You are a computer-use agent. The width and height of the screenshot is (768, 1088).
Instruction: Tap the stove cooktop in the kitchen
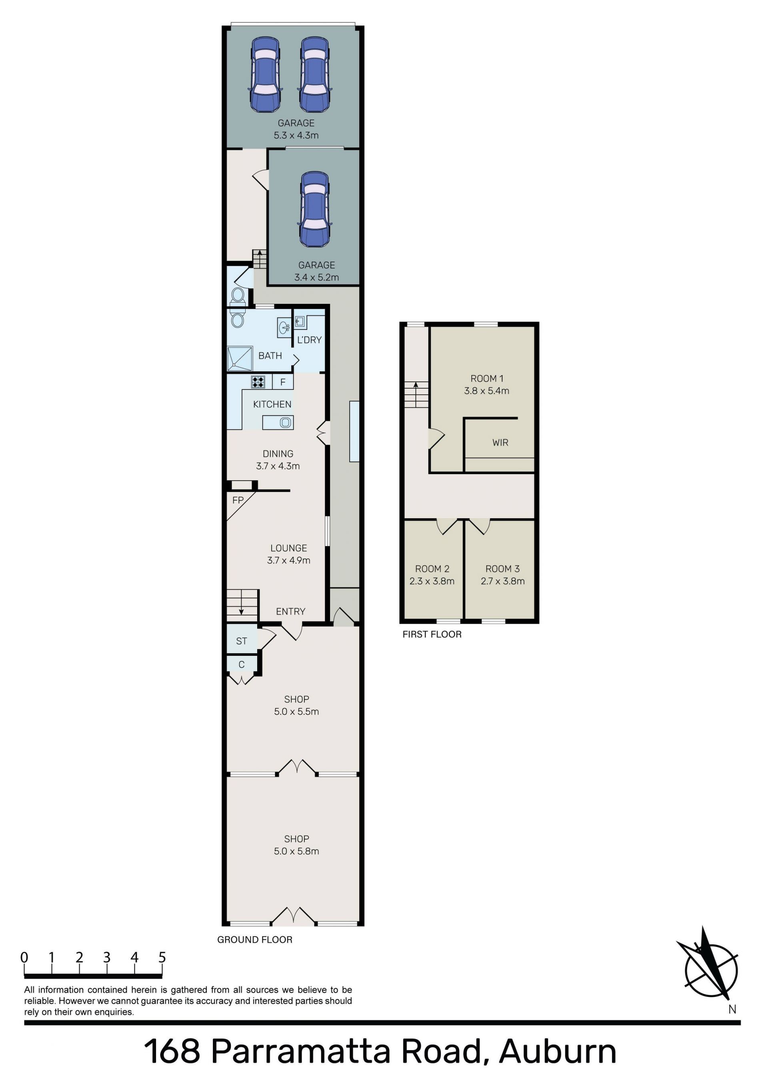[x=258, y=381]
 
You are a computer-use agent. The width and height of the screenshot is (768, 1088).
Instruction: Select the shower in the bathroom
[x=240, y=358]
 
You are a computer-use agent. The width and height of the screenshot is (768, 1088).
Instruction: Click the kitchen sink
[x=285, y=422]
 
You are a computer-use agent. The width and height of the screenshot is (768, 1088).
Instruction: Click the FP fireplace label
[x=238, y=500]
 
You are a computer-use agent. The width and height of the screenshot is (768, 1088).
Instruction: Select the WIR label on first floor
[x=500, y=443]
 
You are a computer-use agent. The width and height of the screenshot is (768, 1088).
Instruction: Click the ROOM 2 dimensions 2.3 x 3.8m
[x=432, y=581]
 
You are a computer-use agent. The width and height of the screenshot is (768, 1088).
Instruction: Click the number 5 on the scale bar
[x=162, y=957]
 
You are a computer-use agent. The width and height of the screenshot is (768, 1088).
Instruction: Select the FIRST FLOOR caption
[x=432, y=634]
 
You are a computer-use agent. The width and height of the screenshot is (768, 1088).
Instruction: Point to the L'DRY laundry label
[x=309, y=340]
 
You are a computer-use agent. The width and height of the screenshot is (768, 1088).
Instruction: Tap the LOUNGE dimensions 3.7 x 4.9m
[x=289, y=560]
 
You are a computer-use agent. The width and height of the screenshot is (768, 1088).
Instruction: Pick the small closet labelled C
[x=242, y=665]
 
